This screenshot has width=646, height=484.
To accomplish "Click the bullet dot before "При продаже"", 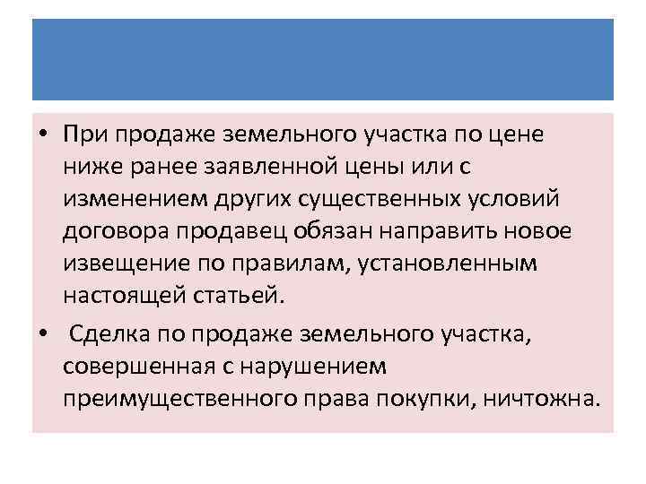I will point(43,134).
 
